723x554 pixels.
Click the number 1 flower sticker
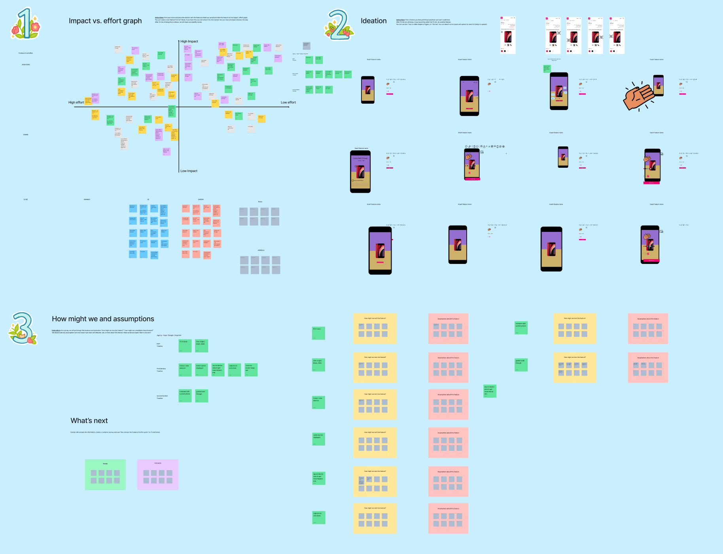tap(25, 24)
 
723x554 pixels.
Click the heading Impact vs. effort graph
tap(105, 21)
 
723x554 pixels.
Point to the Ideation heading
tap(373, 21)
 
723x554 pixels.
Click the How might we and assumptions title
tap(103, 319)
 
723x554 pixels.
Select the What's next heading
tap(89, 421)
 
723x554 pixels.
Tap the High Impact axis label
tap(189, 42)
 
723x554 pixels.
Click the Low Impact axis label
tap(189, 171)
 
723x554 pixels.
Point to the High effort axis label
tap(76, 102)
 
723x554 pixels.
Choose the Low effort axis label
tap(288, 102)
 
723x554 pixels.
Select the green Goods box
tap(105, 474)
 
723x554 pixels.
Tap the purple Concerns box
tap(158, 474)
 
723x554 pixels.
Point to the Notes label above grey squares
tap(260, 202)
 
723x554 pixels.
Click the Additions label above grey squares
tap(261, 250)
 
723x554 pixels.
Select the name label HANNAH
tap(87, 199)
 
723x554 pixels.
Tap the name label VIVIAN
tap(26, 135)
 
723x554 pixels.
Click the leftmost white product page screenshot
tap(508, 35)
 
